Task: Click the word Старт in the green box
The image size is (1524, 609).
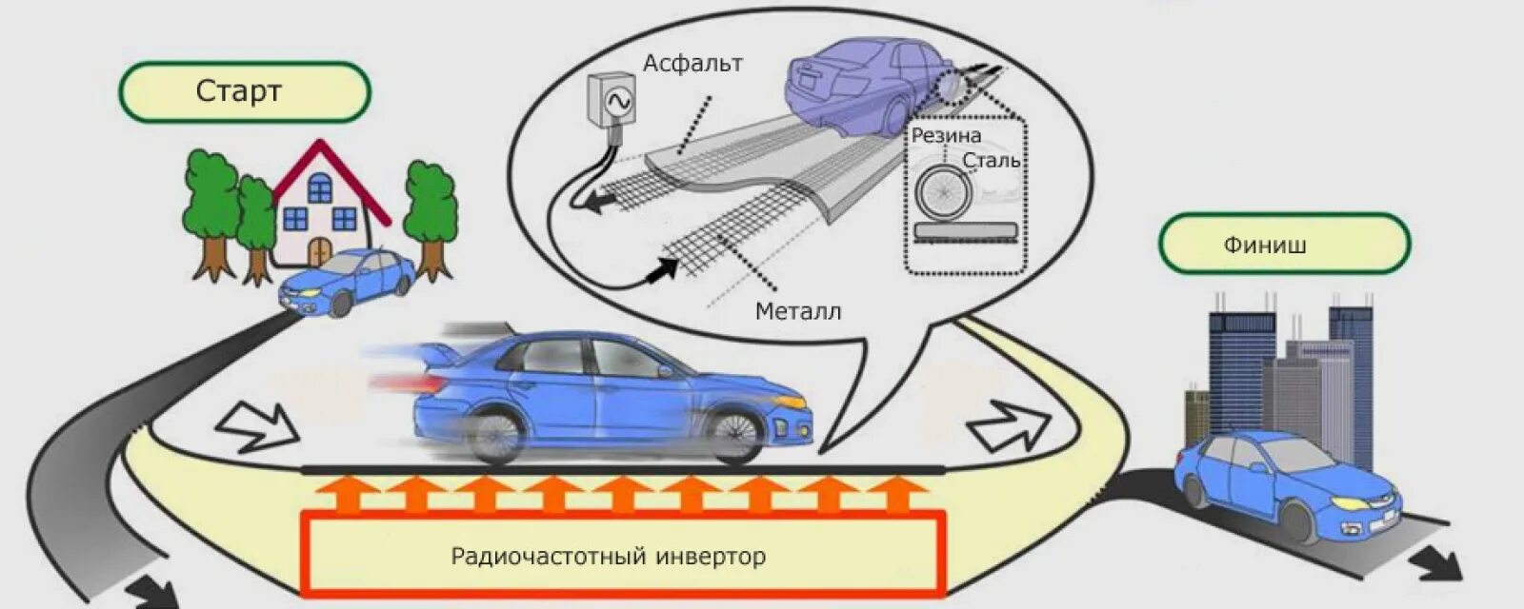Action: click(x=239, y=91)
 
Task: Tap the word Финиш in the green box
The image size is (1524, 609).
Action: click(x=1265, y=246)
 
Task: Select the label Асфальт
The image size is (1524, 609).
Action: click(x=692, y=64)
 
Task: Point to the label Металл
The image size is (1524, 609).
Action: click(x=798, y=311)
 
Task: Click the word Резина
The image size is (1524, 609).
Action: click(x=946, y=135)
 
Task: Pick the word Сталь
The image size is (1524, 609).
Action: click(x=991, y=160)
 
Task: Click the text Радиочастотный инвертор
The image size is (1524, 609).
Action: click(x=609, y=556)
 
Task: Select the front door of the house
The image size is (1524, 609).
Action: click(x=319, y=251)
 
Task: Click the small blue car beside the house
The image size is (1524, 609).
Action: click(x=349, y=281)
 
